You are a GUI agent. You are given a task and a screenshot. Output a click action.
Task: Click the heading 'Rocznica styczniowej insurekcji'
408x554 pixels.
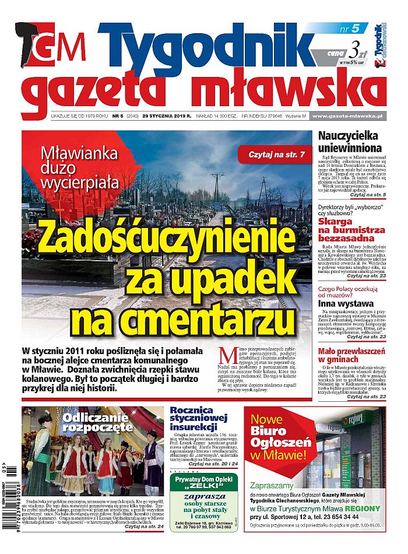click(x=203, y=419)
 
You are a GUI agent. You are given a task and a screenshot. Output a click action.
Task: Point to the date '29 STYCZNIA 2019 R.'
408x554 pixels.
click(x=173, y=117)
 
